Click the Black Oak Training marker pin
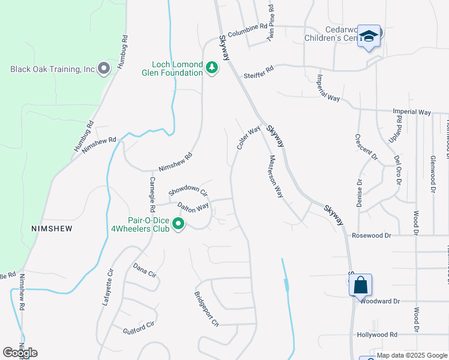[104, 68]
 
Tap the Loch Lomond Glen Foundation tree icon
[211, 68]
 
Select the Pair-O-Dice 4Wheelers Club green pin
[178, 224]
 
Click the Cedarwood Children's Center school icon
[369, 36]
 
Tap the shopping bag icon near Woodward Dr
[361, 284]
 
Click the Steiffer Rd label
[259, 73]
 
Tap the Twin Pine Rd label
[271, 23]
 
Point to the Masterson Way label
[276, 177]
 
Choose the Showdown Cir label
[188, 191]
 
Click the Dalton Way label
[193, 206]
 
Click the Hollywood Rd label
[377, 335]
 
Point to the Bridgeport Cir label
[205, 309]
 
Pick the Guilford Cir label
[139, 328]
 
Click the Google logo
[20, 353]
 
